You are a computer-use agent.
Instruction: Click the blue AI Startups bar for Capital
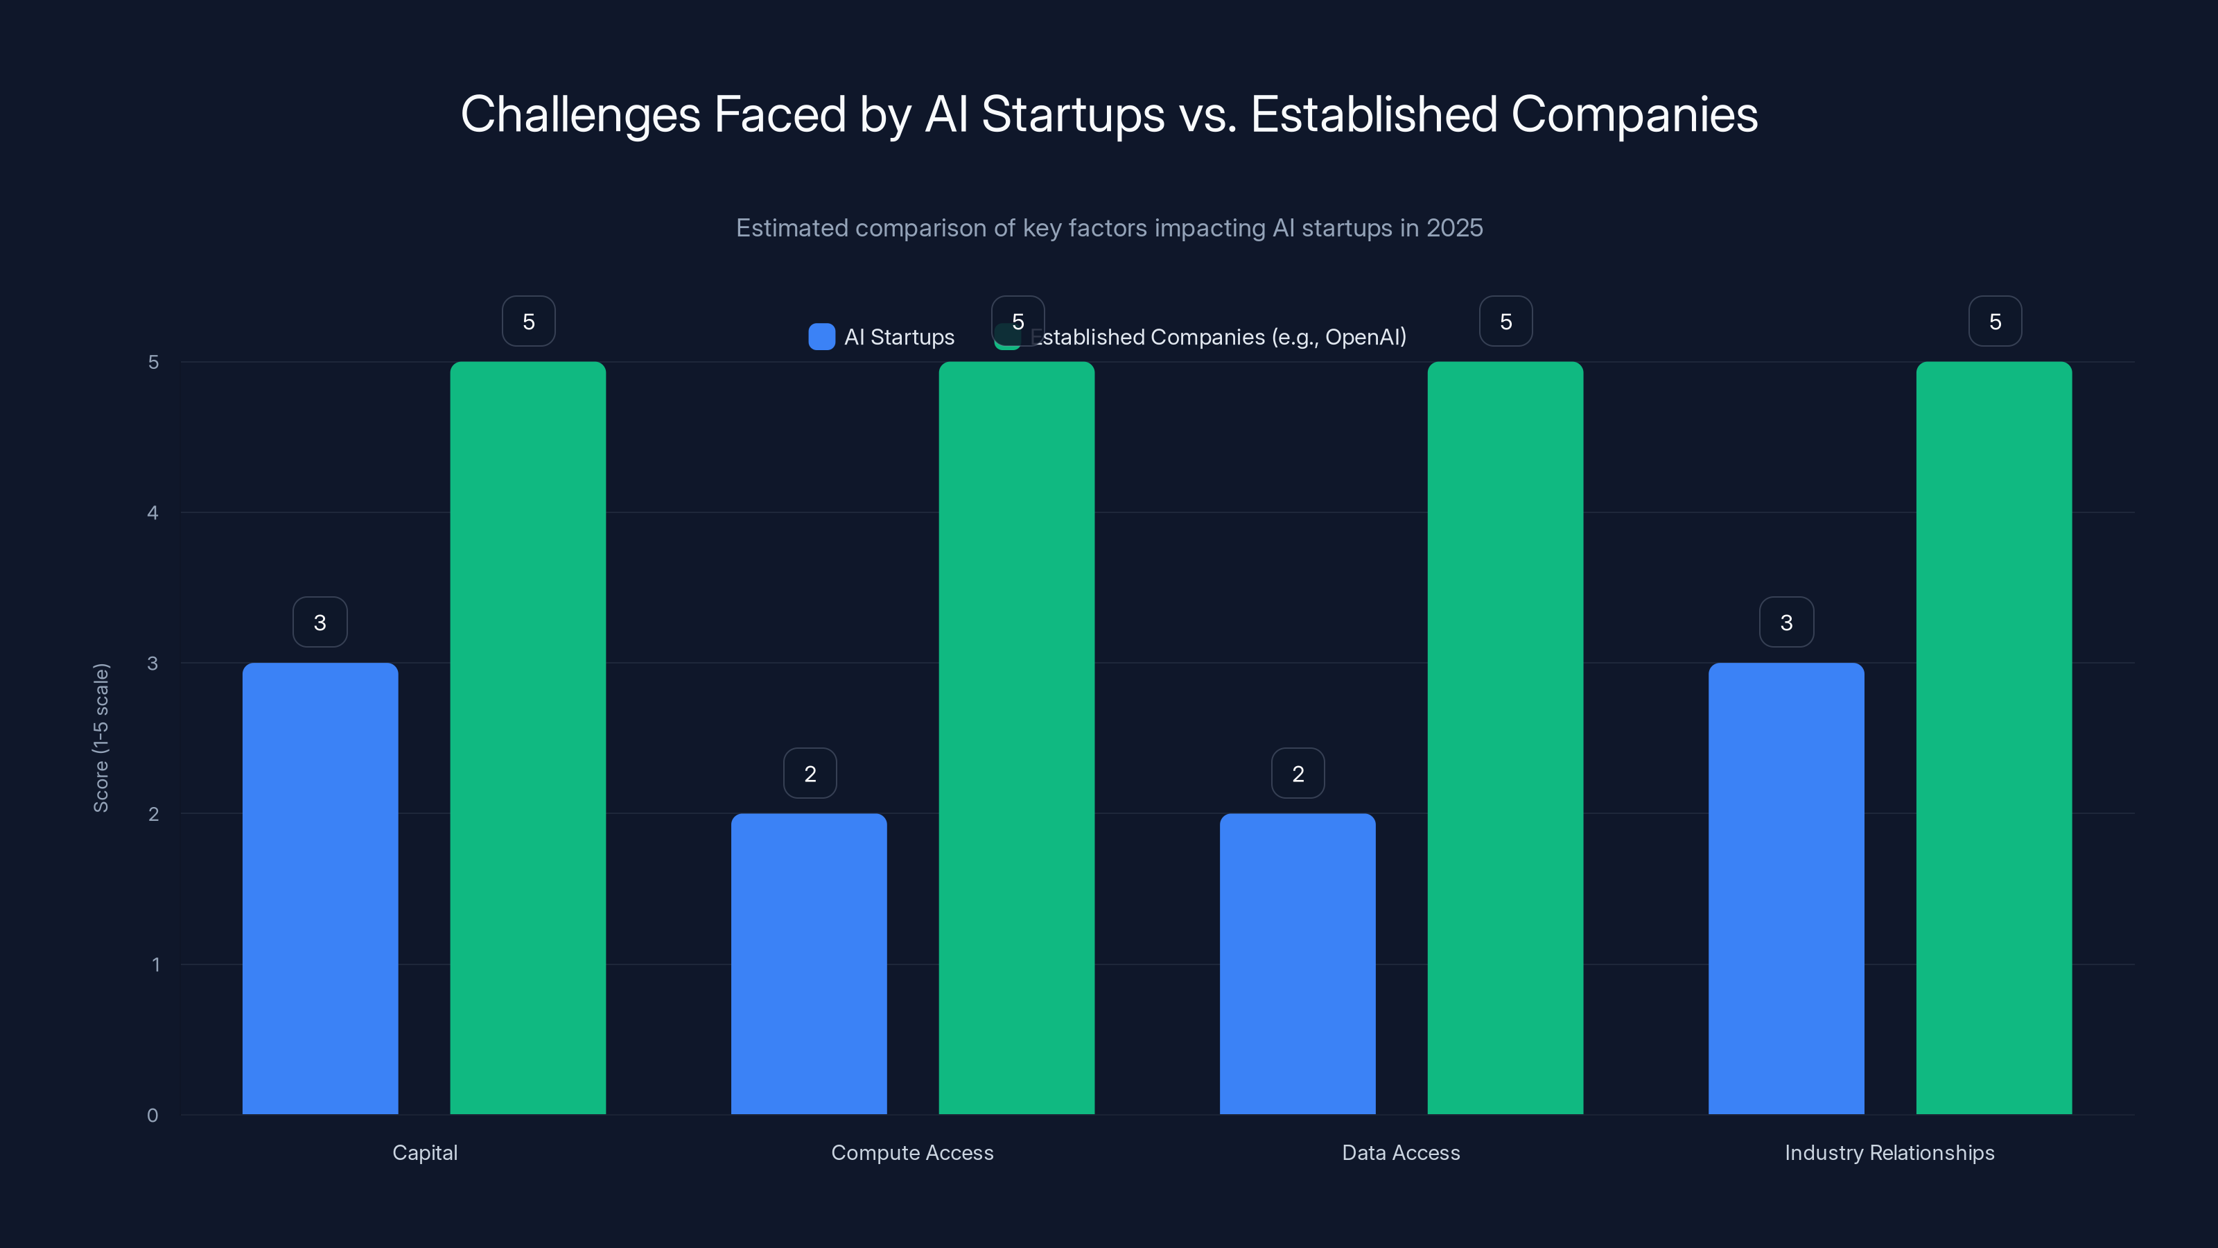[320, 887]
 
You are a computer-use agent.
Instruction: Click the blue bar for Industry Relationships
[1785, 887]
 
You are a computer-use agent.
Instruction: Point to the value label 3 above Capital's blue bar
[320, 622]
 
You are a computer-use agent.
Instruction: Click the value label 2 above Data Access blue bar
[1298, 774]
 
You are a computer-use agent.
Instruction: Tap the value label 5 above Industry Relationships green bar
[1995, 321]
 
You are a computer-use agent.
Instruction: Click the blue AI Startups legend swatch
[821, 337]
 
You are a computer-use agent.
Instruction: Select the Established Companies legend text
[1219, 337]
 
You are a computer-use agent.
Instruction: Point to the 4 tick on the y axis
[152, 512]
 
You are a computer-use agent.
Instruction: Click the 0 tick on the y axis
[152, 1116]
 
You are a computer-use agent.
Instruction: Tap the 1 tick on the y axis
[155, 964]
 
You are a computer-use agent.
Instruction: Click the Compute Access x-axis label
[912, 1152]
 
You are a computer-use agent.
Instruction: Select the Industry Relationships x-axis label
[1889, 1152]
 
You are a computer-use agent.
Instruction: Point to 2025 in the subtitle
[1454, 227]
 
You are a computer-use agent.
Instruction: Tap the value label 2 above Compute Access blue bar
[810, 774]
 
